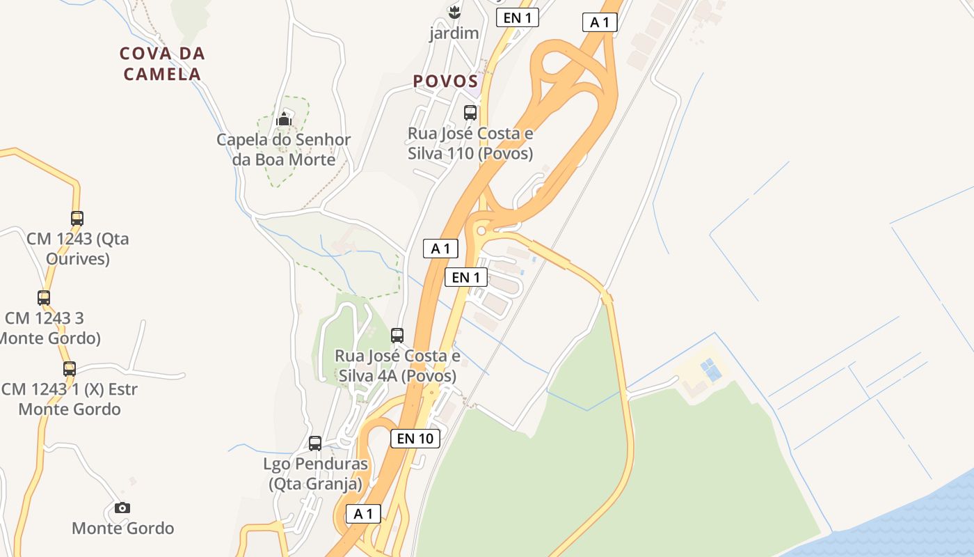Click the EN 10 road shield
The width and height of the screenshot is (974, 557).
coord(415,438)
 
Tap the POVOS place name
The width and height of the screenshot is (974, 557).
coord(445,81)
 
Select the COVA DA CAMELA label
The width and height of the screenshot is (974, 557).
coord(162,63)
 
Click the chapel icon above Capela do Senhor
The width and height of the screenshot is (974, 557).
coord(283,120)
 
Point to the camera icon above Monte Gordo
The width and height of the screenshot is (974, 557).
coord(122,508)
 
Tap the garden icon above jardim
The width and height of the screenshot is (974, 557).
coord(454,12)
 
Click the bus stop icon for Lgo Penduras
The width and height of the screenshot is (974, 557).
coord(315,443)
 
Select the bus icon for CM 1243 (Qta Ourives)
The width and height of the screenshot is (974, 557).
coord(77,218)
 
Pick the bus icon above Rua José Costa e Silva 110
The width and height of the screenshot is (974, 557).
coord(470,112)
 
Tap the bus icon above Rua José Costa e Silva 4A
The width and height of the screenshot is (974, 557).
coord(397,336)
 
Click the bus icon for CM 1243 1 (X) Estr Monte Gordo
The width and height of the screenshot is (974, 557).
coord(70,369)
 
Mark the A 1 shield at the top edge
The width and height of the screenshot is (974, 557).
coord(600,22)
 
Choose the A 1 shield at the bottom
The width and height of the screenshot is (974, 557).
coord(363,514)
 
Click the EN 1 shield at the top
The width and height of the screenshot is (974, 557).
coord(517,18)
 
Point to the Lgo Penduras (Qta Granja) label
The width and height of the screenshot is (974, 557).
coord(316,473)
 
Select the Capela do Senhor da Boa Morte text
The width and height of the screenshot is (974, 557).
coord(283,149)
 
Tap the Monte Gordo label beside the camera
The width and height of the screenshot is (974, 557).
coord(122,528)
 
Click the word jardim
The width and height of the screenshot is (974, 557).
coord(454,33)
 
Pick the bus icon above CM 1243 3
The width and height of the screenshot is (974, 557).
coord(44,298)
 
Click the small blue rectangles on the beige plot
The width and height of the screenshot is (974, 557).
coord(710,369)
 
